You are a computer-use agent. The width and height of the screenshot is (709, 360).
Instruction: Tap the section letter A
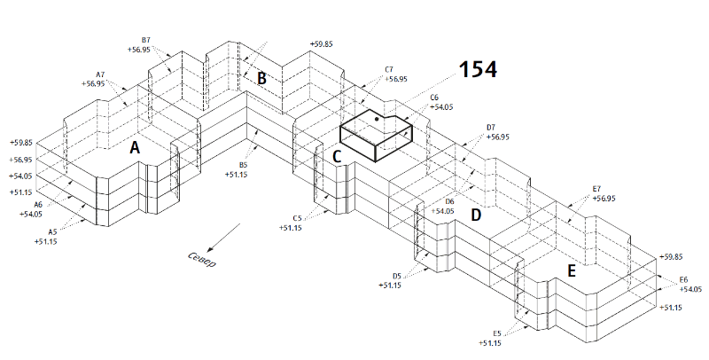pos(135,148)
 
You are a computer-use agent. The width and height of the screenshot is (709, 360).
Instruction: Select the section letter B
pos(261,78)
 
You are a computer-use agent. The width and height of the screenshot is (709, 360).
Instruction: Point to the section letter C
pos(337,157)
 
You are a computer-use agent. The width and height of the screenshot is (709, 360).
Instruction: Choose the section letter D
pos(475,215)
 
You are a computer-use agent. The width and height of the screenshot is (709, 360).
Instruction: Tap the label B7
pos(147,41)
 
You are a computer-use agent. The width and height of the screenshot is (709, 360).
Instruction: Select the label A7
pos(100,74)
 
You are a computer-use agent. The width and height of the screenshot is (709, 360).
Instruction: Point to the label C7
pos(389,69)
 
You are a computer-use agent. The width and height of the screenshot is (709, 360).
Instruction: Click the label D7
pos(491,128)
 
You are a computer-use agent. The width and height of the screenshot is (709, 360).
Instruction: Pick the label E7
pos(596,189)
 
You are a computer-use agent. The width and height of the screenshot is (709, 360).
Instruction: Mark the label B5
pos(244,165)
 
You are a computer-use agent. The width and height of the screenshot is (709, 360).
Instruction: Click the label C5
pos(297,218)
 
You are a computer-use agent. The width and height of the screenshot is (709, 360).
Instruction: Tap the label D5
pos(396,276)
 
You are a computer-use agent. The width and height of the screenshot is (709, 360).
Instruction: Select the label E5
pos(497,333)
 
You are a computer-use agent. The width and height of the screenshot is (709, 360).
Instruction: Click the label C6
pos(434,98)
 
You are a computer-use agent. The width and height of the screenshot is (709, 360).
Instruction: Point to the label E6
pos(683,279)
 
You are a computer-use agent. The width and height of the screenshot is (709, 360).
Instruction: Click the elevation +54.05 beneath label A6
pos(31,214)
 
